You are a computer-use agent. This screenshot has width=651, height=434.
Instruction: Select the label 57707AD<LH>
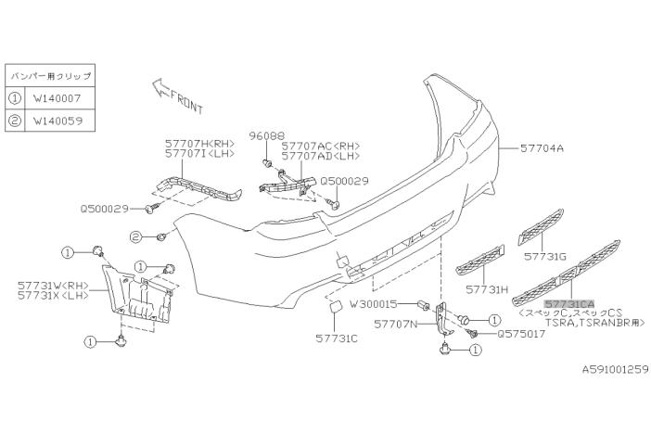click(322, 157)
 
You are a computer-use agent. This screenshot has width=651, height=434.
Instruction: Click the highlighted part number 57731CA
click(568, 303)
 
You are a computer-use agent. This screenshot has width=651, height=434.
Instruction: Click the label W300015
click(375, 303)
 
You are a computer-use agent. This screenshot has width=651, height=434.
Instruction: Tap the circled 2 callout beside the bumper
click(135, 237)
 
